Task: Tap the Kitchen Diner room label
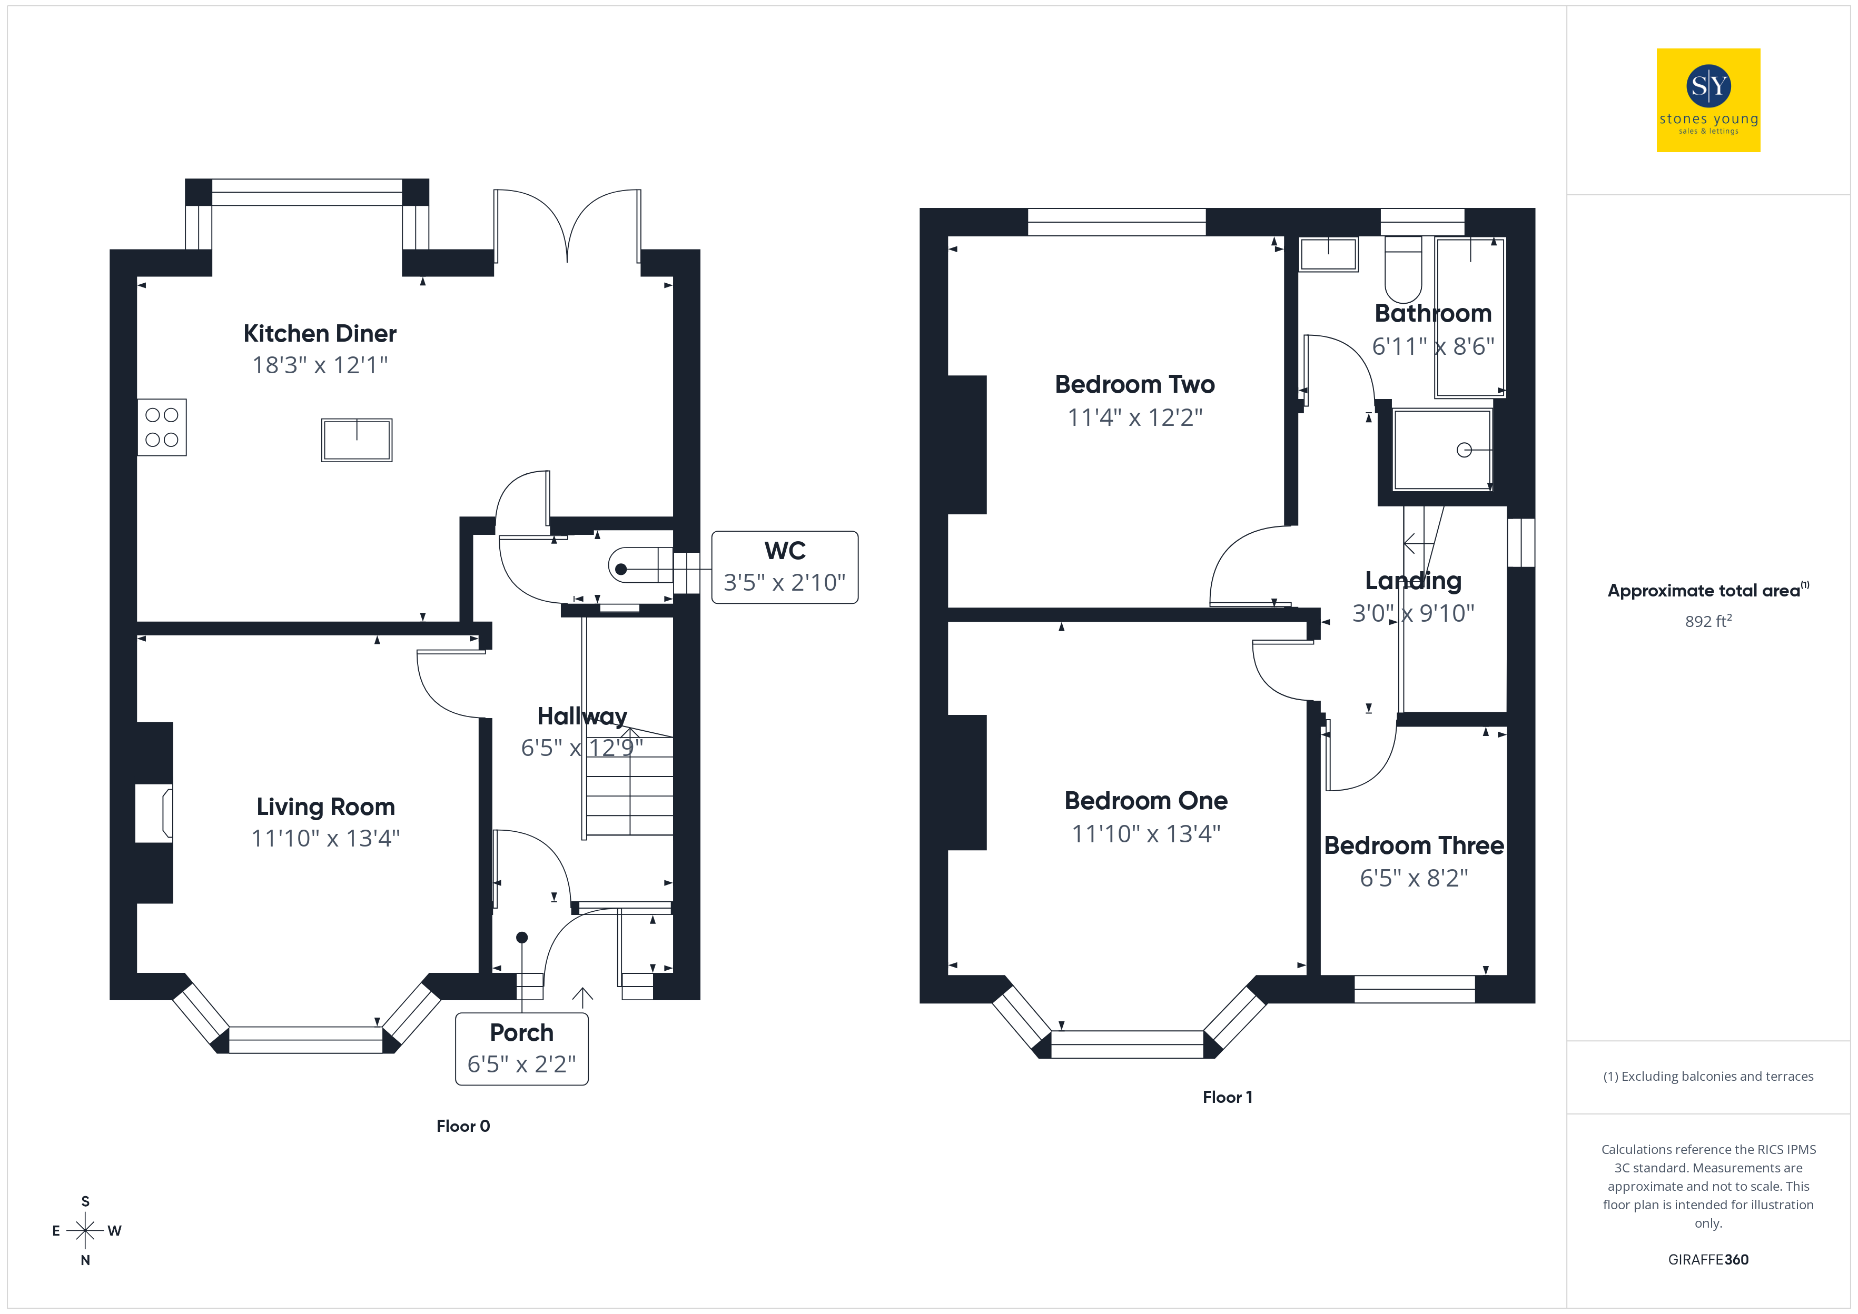[x=320, y=333]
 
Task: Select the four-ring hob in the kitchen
[x=162, y=427]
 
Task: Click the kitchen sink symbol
[x=357, y=440]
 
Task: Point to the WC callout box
[x=784, y=567]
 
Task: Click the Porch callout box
[x=522, y=1049]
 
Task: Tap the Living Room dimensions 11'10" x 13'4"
[x=325, y=838]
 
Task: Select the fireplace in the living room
[x=154, y=813]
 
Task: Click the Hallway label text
[x=582, y=716]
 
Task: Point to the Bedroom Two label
[x=1134, y=384]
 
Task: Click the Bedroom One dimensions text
[x=1146, y=833]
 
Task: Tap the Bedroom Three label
[x=1414, y=845]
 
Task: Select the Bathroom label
[x=1432, y=313]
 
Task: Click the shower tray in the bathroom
[x=1442, y=450]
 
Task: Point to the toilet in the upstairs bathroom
[x=1403, y=268]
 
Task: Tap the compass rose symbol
[x=85, y=1231]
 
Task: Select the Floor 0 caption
[x=463, y=1126]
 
